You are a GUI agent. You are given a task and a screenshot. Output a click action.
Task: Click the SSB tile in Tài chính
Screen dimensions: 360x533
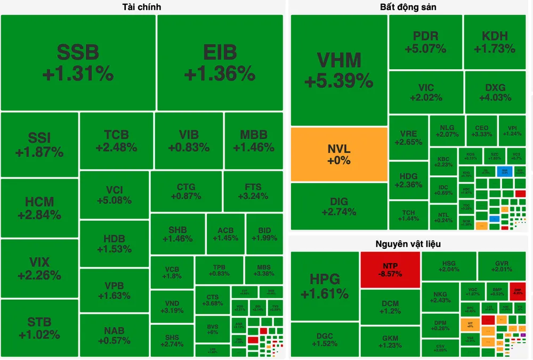pyautogui.click(x=78, y=62)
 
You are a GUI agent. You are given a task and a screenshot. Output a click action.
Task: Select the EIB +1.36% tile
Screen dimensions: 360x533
pyautogui.click(x=220, y=62)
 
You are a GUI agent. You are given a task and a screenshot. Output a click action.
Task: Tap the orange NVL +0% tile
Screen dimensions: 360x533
pyautogui.click(x=339, y=154)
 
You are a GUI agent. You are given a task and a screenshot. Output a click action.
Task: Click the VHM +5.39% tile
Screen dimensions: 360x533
pyautogui.click(x=339, y=70)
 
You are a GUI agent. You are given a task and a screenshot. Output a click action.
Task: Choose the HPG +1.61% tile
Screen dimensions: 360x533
pyautogui.click(x=325, y=286)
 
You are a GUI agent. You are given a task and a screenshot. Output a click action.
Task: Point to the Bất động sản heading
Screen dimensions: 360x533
pyautogui.click(x=408, y=7)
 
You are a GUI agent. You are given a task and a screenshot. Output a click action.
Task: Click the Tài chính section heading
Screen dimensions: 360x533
pyautogui.click(x=141, y=7)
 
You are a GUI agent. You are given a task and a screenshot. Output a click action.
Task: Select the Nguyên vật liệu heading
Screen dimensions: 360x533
pyautogui.click(x=408, y=244)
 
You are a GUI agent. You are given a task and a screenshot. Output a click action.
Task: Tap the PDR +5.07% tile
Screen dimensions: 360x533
pyautogui.click(x=425, y=42)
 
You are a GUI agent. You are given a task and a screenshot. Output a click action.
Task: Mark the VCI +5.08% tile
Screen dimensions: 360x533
pyautogui.click(x=114, y=195)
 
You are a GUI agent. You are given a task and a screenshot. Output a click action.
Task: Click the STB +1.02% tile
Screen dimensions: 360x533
pyautogui.click(x=39, y=328)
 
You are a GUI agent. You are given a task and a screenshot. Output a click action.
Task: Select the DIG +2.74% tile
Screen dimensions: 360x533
pyautogui.click(x=339, y=206)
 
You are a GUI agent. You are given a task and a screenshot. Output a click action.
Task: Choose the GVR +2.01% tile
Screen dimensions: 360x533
pyautogui.click(x=502, y=266)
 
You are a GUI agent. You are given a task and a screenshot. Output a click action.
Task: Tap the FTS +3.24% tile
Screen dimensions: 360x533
pyautogui.click(x=253, y=191)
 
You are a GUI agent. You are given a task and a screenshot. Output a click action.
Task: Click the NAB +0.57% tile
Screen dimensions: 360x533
pyautogui.click(x=114, y=336)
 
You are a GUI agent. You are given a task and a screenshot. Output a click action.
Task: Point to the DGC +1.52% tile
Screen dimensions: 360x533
pyautogui.click(x=325, y=339)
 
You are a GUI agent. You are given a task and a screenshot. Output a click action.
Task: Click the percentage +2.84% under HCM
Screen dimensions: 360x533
pyautogui.click(x=39, y=215)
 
